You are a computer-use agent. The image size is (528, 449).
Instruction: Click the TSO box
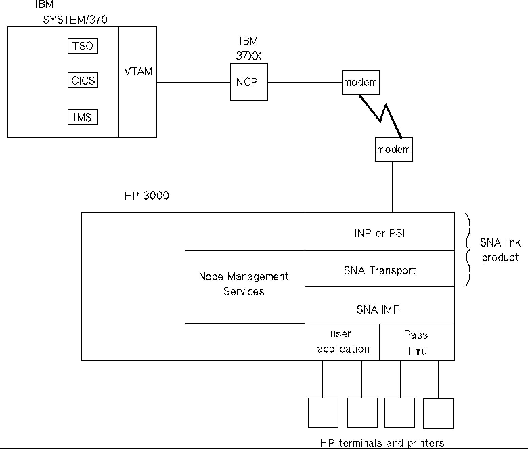83,46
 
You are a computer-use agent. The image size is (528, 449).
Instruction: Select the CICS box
83,81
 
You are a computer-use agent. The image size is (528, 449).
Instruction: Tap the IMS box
83,117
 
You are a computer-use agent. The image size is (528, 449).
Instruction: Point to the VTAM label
138,71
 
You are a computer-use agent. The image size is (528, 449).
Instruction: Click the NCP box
249,82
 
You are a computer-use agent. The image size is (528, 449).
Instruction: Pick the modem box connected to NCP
360,83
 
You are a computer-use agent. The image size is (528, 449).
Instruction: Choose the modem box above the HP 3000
394,150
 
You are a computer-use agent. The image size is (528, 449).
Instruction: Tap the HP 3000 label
147,196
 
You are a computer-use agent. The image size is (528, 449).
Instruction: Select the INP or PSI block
379,233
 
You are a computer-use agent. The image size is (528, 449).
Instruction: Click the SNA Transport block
379,270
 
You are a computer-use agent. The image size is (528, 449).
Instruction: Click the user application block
342,342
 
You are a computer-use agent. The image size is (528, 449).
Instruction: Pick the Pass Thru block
417,342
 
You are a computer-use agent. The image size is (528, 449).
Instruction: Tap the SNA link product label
500,250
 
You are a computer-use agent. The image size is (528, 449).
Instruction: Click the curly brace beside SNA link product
468,250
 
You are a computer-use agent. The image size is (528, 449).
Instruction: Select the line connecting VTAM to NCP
193,82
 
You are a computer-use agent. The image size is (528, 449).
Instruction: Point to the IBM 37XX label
249,48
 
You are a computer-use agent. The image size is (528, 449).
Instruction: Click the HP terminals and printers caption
382,443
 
